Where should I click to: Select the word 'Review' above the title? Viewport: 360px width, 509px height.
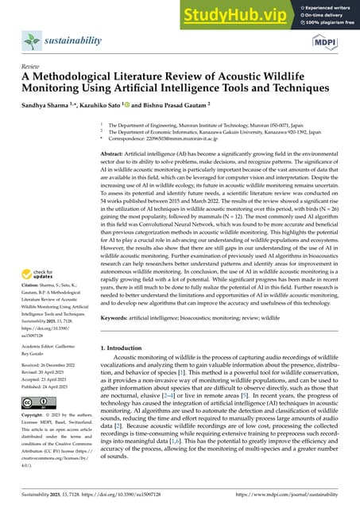pos(30,67)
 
